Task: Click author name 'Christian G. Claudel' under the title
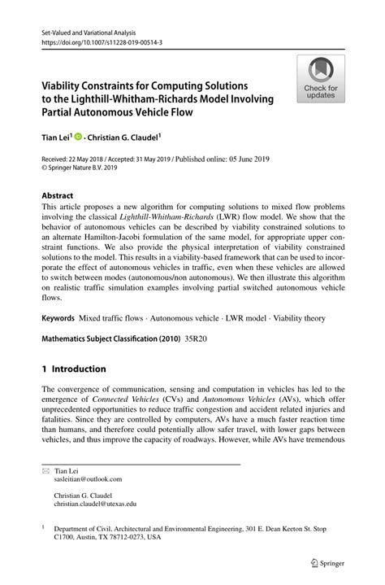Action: [x=125, y=138]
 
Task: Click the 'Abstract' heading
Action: [x=58, y=196]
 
